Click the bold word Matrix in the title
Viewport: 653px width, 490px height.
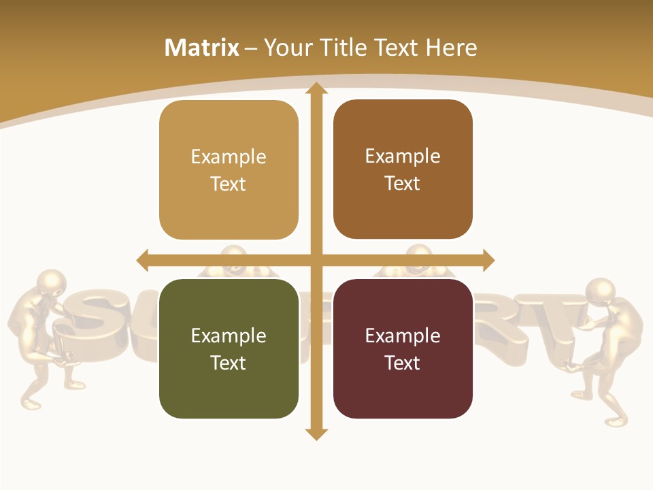[201, 48]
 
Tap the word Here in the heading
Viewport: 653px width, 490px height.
[451, 48]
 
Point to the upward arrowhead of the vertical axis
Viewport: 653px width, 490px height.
[316, 88]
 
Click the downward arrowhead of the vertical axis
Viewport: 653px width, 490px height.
[316, 434]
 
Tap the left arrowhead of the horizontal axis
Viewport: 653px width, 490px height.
[143, 260]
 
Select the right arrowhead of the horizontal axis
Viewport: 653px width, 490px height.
[488, 260]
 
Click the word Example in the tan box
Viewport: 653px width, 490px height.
[229, 157]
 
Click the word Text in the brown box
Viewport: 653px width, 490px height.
[403, 183]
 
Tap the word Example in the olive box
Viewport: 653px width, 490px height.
[229, 336]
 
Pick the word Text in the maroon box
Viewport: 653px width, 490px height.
[403, 363]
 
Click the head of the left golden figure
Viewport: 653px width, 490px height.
[51, 282]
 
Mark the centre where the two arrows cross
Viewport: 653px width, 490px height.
[316, 260]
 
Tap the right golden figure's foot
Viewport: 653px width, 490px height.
[616, 421]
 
